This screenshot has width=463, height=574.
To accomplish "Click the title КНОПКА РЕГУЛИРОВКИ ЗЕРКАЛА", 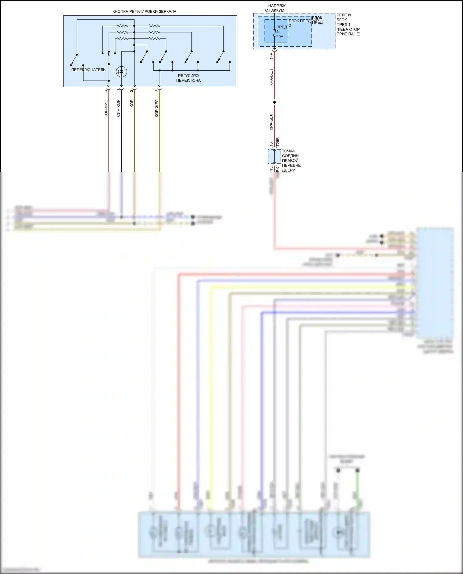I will pos(144,11).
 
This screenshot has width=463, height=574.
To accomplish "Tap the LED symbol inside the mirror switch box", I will pos(121,72).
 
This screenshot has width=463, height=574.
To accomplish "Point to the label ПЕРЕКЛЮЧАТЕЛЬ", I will pos(88,70).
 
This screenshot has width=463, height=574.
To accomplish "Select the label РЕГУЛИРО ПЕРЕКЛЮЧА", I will pos(188,78).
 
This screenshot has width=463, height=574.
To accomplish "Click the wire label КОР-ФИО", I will pos(106,108).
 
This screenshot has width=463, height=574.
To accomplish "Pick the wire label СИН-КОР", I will pos(118,108).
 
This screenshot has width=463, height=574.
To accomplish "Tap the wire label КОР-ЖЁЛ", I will pos(156,108).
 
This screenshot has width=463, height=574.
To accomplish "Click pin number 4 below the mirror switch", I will pos(106,90).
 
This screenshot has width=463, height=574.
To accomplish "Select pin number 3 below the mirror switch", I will pos(156,90).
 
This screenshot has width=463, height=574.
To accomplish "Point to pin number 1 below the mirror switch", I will pos(118,90).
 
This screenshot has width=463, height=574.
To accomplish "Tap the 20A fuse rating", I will pos(280,37).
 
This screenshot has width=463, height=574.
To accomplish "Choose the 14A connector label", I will pos(271,56).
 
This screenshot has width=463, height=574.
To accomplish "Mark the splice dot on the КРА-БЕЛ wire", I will pos(274,102).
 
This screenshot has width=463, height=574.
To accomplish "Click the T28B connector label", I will pos(277,142).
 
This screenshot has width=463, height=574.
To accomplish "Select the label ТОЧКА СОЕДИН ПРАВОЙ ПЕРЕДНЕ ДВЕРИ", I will pos(291,160).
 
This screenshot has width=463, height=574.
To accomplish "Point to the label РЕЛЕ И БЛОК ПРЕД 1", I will pos(348,24).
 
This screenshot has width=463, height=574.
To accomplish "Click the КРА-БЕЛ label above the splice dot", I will pos(271,77).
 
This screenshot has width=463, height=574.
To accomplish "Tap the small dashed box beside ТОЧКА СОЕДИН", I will pos(274,156).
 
